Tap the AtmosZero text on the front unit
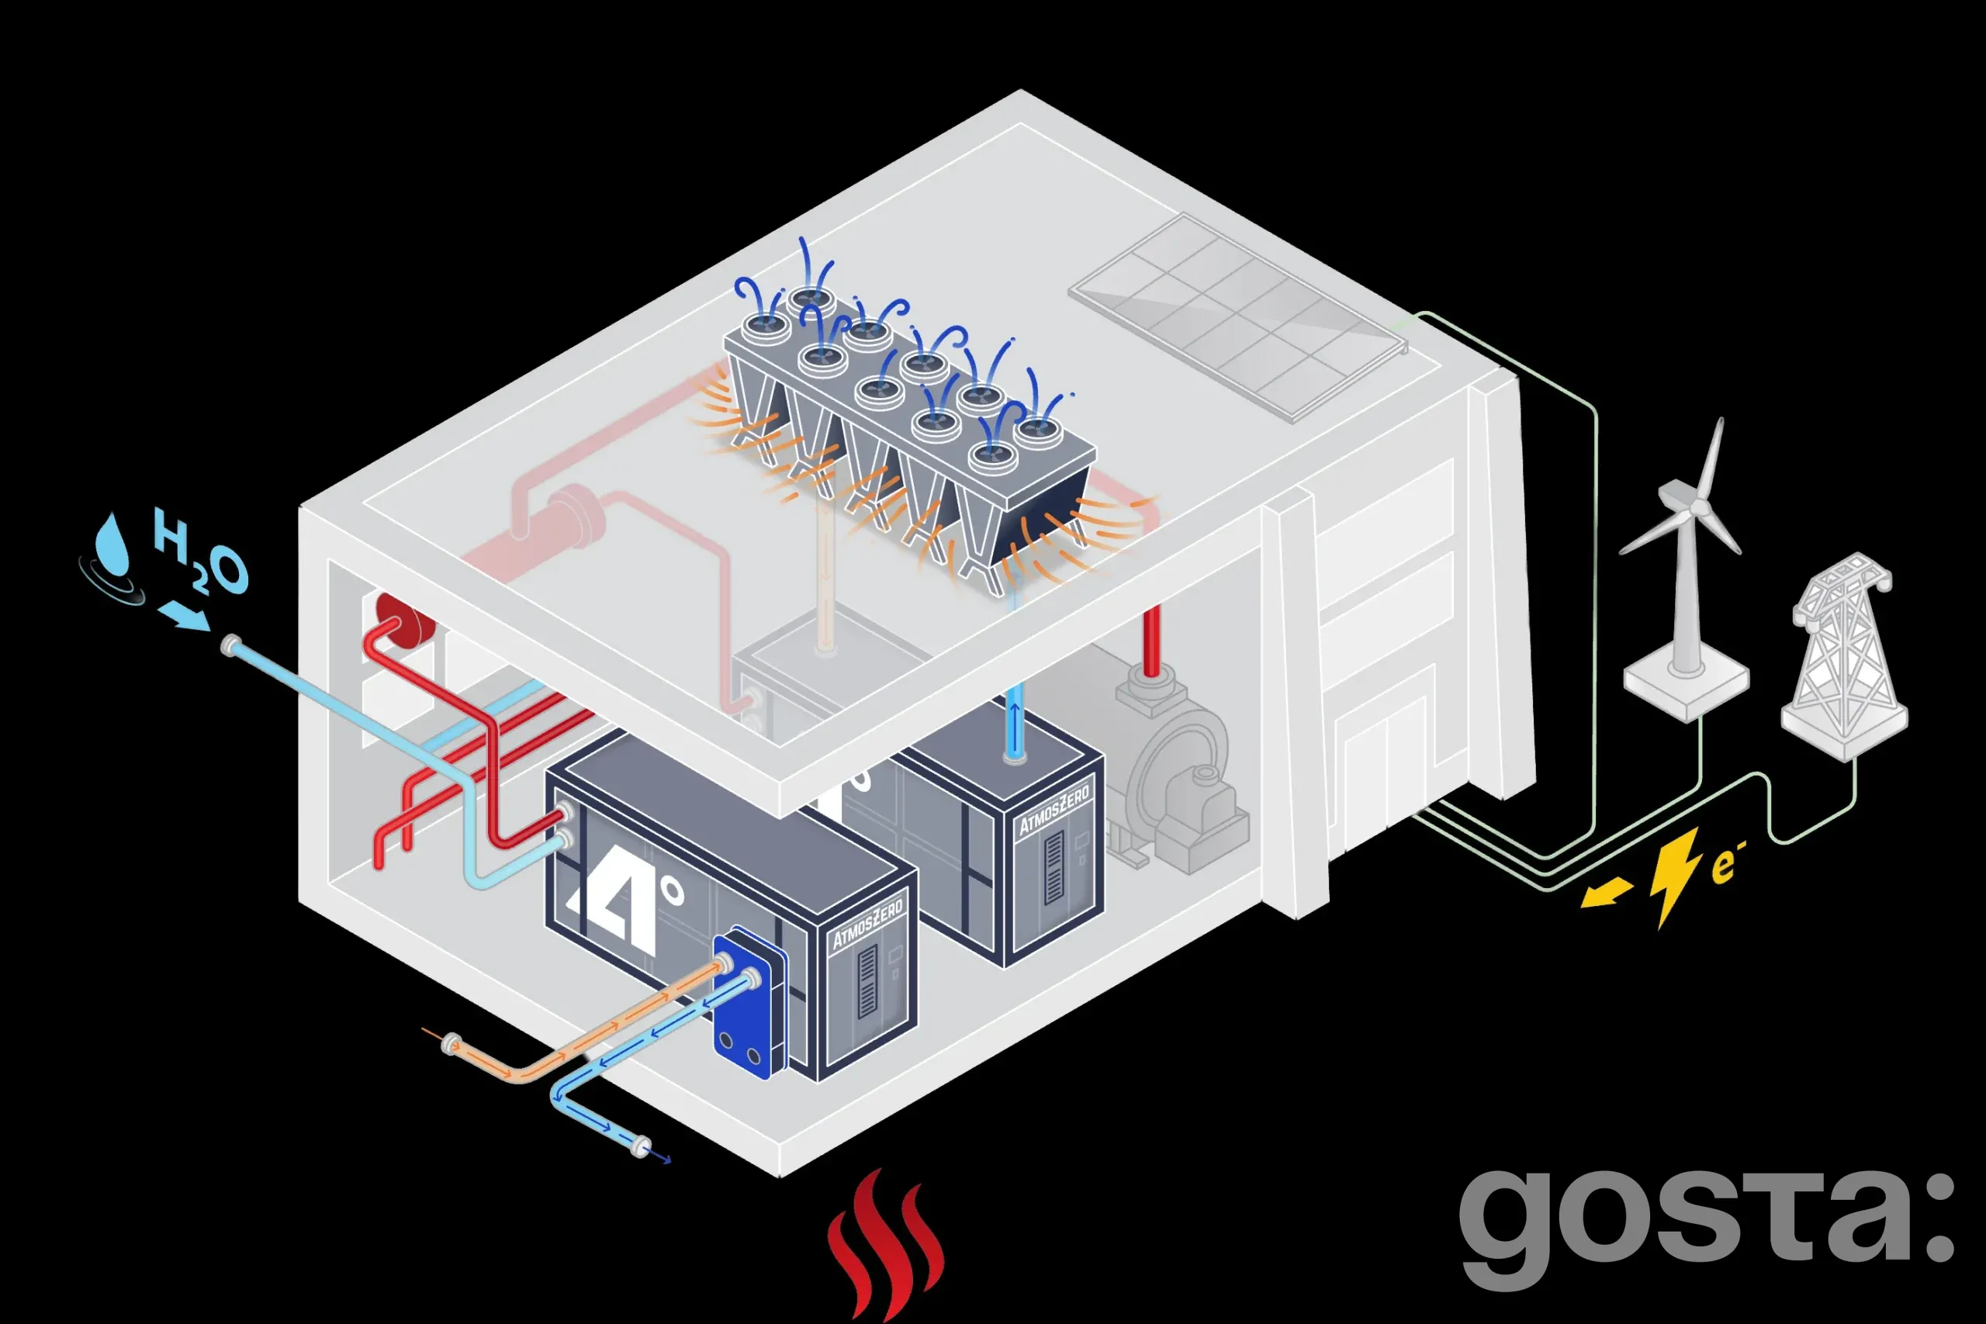click(867, 925)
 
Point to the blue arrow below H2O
click(183, 616)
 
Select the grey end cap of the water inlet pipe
click(229, 647)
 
